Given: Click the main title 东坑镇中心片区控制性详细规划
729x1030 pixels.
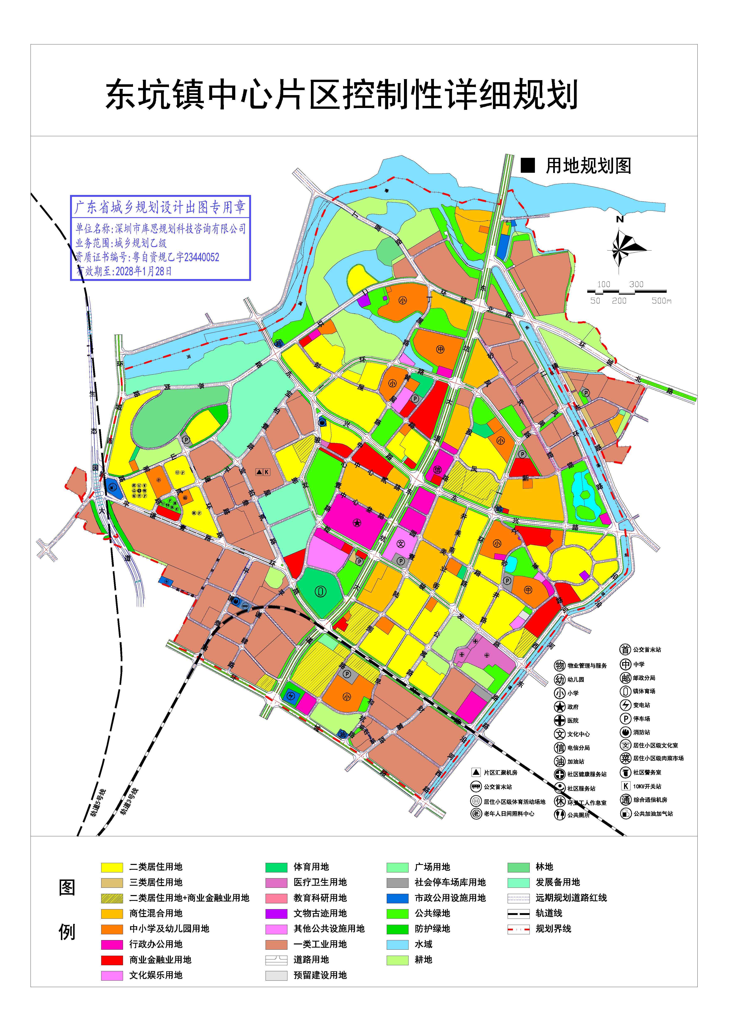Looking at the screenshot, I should pos(341,95).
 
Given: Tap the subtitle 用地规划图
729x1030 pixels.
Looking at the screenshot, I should pos(588,166).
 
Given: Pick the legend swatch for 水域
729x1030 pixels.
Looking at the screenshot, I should pos(397,944).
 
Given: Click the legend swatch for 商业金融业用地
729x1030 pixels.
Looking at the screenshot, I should pos(112,960).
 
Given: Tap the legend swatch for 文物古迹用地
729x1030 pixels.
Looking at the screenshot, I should pos(276,913).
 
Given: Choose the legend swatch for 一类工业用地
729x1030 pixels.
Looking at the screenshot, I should pos(276,944).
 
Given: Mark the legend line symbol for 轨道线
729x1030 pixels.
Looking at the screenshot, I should pos(518,913).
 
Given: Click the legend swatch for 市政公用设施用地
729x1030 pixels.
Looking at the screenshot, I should pos(397,898).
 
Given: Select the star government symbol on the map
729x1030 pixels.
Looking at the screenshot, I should pos(357,523).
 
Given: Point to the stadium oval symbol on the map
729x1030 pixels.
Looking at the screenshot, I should pos(320,592).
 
